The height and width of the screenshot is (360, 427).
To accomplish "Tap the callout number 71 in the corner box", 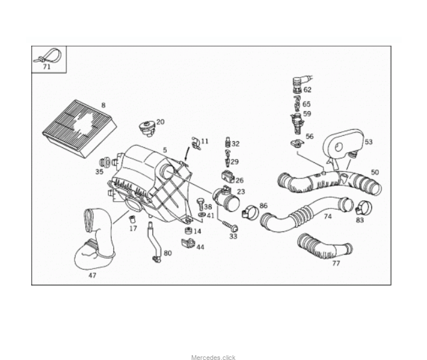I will tap(47, 67).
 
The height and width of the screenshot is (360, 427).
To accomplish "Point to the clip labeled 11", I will tap(194, 144).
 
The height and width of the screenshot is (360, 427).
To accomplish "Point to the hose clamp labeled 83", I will tap(363, 208).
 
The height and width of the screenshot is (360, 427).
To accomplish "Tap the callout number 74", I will tap(328, 216).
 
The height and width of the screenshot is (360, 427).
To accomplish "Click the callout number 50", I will tap(375, 172).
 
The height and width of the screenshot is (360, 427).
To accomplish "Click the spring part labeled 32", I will tap(228, 143).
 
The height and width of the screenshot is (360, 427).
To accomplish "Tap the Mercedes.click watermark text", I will tap(213, 358).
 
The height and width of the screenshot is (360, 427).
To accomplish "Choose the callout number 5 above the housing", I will tap(164, 150).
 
